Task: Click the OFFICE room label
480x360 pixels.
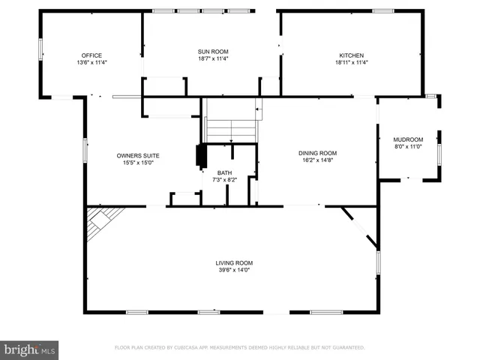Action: pyautogui.click(x=91, y=55)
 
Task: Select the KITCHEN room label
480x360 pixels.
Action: pyautogui.click(x=352, y=55)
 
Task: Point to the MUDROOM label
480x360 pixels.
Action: pyautogui.click(x=409, y=139)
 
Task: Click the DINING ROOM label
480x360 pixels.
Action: pyautogui.click(x=318, y=152)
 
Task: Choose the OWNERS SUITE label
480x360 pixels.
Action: pyautogui.click(x=138, y=156)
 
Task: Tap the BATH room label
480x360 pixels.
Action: pyautogui.click(x=225, y=172)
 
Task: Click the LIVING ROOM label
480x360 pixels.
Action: pyautogui.click(x=234, y=262)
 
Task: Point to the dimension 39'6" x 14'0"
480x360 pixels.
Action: pyautogui.click(x=234, y=270)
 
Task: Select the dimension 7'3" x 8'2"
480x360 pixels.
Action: pyautogui.click(x=225, y=179)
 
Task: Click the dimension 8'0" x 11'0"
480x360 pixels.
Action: pyautogui.click(x=409, y=147)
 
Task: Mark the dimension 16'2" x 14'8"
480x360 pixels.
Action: pyautogui.click(x=318, y=160)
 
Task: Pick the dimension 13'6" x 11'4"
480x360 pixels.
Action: pyautogui.click(x=91, y=62)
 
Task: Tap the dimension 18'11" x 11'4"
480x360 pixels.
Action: pyautogui.click(x=352, y=62)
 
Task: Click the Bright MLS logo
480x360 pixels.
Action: pyautogui.click(x=29, y=349)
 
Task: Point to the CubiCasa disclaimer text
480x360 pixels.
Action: pyautogui.click(x=239, y=347)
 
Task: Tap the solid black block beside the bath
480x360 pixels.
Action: pyautogui.click(x=200, y=155)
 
